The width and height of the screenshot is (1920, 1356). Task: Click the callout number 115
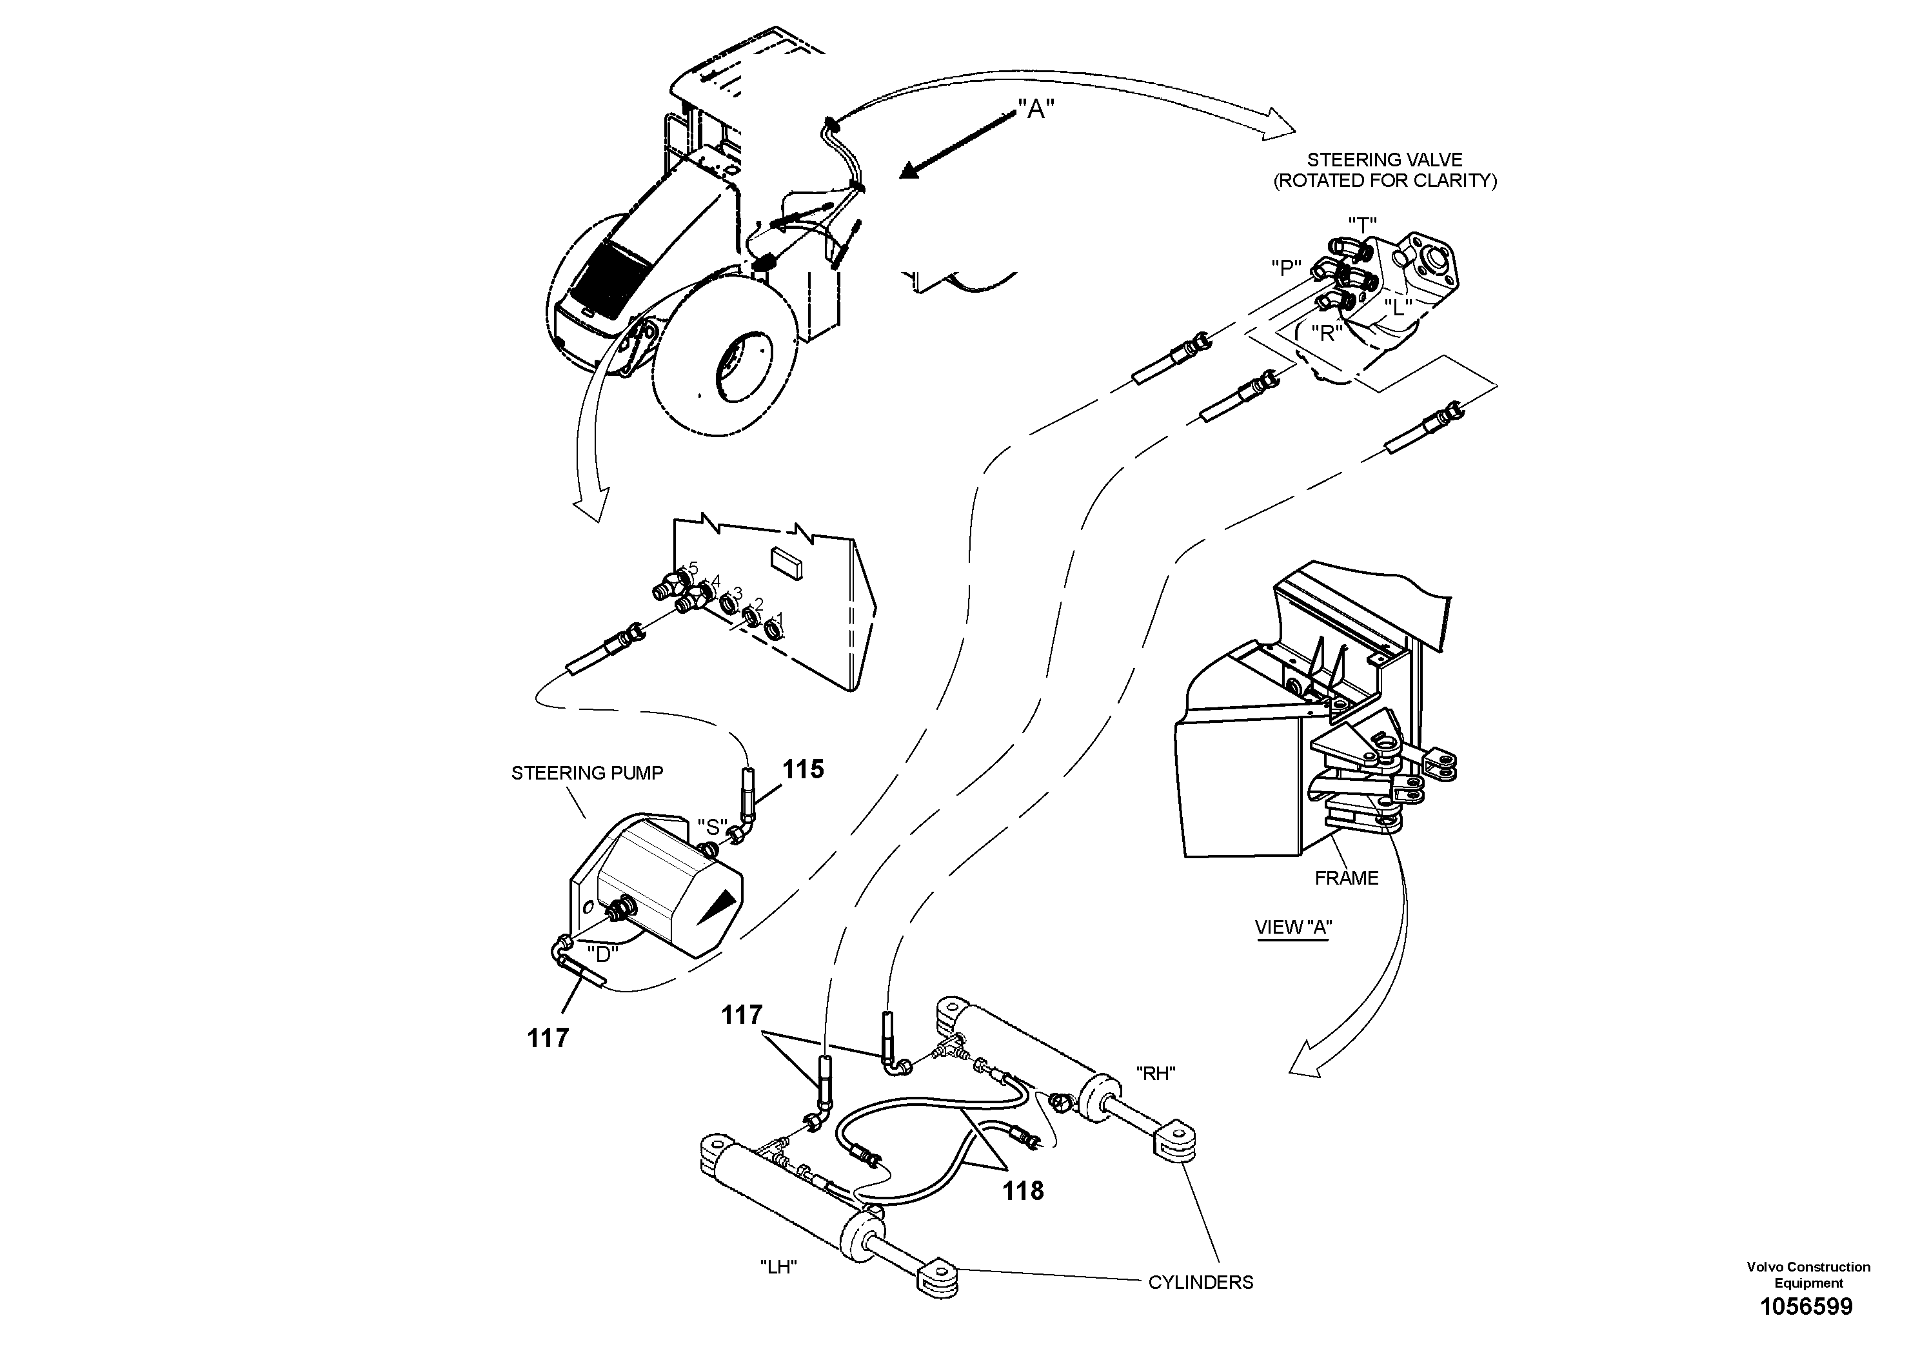point(803,769)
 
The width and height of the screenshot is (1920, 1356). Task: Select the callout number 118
point(1024,1190)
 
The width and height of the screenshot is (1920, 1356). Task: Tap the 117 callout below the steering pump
point(548,1038)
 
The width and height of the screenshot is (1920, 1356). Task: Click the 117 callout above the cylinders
point(742,1015)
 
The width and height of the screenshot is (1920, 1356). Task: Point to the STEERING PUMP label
point(587,773)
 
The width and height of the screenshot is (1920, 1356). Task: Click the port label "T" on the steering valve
point(1362,225)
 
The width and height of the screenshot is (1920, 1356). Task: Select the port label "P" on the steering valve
point(1286,268)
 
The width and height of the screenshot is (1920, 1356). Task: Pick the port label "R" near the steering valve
point(1326,333)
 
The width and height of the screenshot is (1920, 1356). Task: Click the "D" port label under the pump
point(602,953)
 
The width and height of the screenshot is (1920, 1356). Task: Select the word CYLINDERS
point(1200,1282)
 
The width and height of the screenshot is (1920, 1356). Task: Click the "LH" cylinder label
point(778,1268)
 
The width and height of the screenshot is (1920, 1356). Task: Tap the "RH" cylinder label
point(1156,1074)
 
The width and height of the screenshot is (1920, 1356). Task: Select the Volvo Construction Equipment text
point(1808,1274)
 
